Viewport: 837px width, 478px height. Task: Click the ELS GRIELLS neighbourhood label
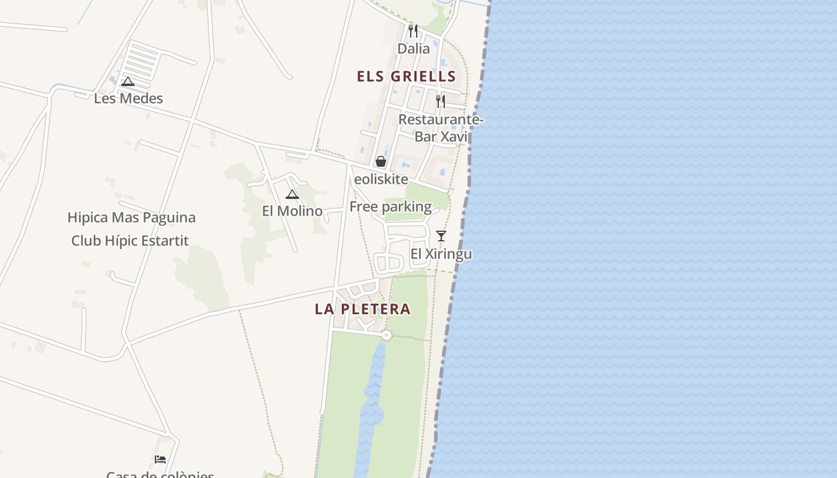click(x=407, y=76)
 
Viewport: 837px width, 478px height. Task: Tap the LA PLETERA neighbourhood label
click(x=363, y=309)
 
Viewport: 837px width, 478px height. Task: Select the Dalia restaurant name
click(x=414, y=48)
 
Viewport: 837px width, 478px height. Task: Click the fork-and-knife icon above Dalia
click(x=413, y=30)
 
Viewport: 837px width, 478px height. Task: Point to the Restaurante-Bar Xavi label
click(x=441, y=128)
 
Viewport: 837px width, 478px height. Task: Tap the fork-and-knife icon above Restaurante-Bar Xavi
click(x=441, y=101)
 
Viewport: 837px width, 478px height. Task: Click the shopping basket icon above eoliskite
click(x=380, y=161)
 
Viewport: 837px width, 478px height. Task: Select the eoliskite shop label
click(x=381, y=179)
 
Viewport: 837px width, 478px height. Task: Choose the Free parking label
click(x=390, y=207)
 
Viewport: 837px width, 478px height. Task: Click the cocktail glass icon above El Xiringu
click(x=441, y=236)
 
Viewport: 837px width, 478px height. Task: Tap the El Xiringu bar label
click(x=441, y=254)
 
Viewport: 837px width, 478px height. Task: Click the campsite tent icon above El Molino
click(x=292, y=194)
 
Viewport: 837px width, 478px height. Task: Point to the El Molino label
click(x=292, y=211)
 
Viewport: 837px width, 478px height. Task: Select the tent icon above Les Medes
click(x=127, y=82)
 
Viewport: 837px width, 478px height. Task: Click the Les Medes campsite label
click(x=129, y=98)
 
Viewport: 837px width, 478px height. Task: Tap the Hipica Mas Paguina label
click(x=132, y=217)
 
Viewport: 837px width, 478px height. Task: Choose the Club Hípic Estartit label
click(x=130, y=241)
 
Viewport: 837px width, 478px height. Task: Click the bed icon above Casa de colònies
click(x=160, y=459)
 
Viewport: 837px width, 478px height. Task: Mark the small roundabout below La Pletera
click(x=386, y=335)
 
